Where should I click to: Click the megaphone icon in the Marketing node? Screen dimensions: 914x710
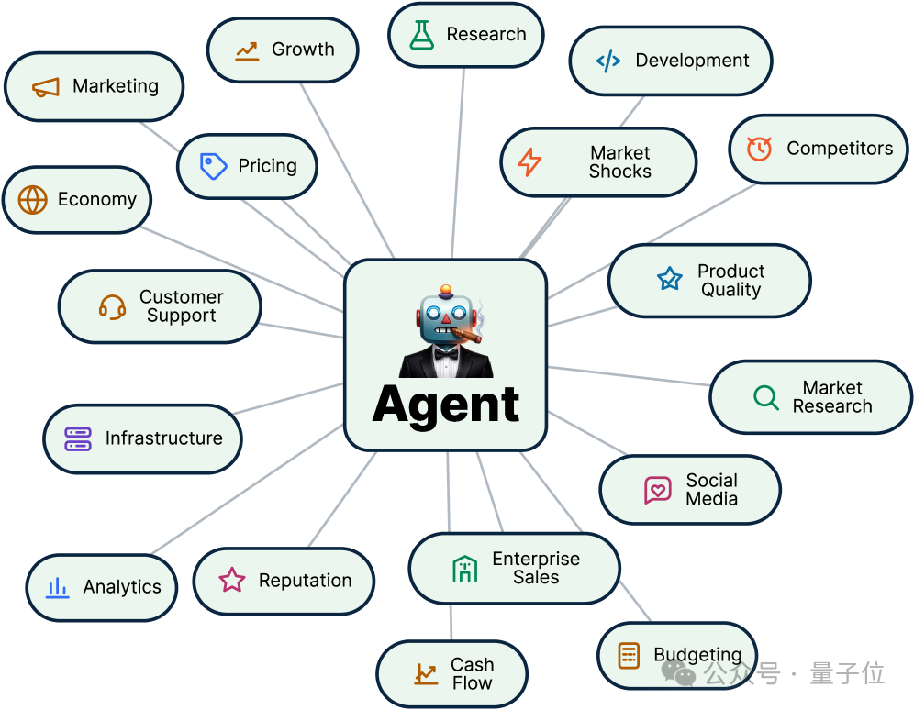pos(46,88)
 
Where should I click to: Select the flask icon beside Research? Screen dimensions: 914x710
pos(421,35)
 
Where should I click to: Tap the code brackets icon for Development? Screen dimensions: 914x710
pos(608,61)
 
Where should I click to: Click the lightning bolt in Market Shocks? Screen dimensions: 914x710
pos(529,162)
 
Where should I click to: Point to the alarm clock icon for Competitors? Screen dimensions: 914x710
pos(759,150)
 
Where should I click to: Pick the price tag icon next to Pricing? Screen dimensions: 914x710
pos(213,167)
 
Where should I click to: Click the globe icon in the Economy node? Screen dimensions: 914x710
pos(33,200)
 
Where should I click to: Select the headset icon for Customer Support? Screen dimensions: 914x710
pos(112,307)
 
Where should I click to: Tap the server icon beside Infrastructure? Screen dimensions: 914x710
pos(78,439)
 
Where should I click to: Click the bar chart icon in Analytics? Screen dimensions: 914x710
pos(57,588)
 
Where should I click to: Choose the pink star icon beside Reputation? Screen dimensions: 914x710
pos(232,580)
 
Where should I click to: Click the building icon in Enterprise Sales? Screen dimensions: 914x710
pos(464,569)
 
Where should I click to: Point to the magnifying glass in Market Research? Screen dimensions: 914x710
pos(766,398)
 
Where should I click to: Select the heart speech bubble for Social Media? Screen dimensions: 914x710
pos(658,490)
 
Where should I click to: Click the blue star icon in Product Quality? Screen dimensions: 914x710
pos(670,279)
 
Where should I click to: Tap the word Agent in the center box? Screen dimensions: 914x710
pos(446,405)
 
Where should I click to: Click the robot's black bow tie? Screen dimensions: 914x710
pos(446,353)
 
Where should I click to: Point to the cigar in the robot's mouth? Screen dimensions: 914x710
pos(466,336)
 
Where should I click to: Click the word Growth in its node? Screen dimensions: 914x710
pos(303,50)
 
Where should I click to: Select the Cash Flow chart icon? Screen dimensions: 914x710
pos(426,674)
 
